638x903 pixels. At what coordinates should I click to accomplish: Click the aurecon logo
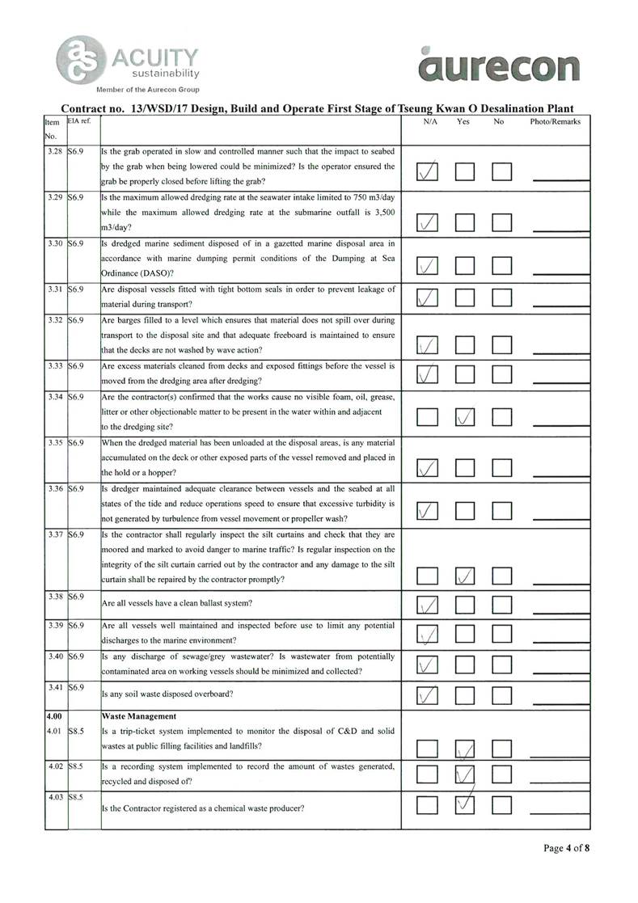pyautogui.click(x=501, y=65)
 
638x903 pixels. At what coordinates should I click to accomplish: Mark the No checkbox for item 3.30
pyautogui.click(x=502, y=265)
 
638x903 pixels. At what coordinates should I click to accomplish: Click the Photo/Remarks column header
pyautogui.click(x=556, y=121)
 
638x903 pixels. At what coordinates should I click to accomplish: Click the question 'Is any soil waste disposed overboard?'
pyautogui.click(x=167, y=693)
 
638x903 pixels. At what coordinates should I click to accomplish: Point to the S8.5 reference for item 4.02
pyautogui.click(x=78, y=765)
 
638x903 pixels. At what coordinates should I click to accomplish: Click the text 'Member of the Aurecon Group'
pyautogui.click(x=147, y=89)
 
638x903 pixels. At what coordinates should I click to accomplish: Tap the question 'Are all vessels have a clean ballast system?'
pyautogui.click(x=177, y=603)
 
